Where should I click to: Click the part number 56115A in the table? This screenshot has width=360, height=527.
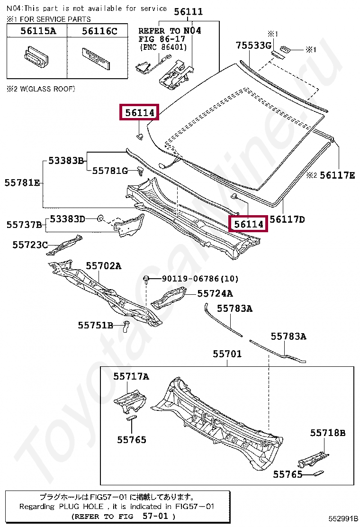[x=37, y=31]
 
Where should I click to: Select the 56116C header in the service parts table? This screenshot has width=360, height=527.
[x=99, y=31]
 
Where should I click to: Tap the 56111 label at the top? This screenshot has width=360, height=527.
[x=188, y=12]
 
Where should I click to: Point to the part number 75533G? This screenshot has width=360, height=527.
[x=253, y=45]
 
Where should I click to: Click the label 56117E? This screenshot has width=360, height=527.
[x=337, y=175]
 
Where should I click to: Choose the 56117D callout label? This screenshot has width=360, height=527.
[x=287, y=219]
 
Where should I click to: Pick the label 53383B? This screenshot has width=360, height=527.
[x=66, y=161]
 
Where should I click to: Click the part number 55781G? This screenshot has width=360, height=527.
[x=109, y=171]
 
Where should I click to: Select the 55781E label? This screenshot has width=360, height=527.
[x=22, y=182]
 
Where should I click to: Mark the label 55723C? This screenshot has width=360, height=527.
[x=30, y=245]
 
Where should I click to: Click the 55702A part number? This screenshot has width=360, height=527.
[x=103, y=266]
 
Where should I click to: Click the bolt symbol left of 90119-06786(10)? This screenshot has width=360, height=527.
[x=147, y=278]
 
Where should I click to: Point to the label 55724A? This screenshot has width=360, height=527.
[x=215, y=294]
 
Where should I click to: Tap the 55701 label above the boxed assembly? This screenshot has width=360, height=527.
[x=227, y=354]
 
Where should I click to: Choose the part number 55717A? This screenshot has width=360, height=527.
[x=131, y=376]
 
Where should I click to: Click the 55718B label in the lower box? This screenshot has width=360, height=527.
[x=328, y=433]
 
